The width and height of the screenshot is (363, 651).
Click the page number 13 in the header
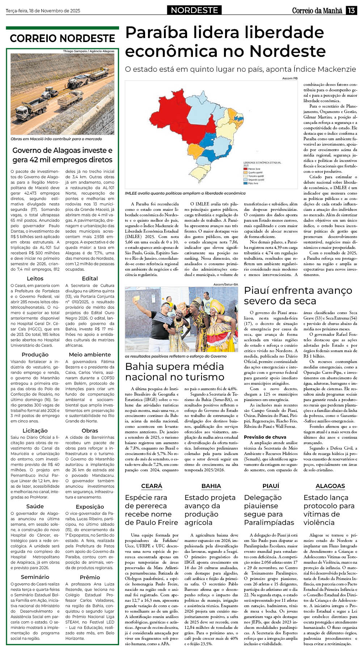pyautogui.click(x=351, y=11)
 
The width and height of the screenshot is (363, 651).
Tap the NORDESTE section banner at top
pyautogui.click(x=194, y=10)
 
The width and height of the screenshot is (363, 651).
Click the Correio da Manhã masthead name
pyautogui.click(x=317, y=11)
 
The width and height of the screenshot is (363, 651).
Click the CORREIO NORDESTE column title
pyautogui.click(x=62, y=38)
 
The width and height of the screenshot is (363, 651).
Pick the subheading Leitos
pyautogui.click(x=35, y=279)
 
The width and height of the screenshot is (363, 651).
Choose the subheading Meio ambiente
pyautogui.click(x=90, y=355)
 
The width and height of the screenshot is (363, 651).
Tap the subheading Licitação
pyautogui.click(x=35, y=431)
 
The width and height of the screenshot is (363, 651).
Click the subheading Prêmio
pyautogui.click(x=90, y=577)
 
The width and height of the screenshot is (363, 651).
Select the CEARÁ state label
pyautogui.click(x=152, y=486)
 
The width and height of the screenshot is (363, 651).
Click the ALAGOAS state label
pyautogui.click(x=330, y=486)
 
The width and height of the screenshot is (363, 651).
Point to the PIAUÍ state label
pyautogui.click(x=271, y=486)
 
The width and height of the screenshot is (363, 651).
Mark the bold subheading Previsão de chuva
pyautogui.click(x=265, y=437)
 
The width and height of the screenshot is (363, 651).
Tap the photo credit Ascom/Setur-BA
pyautogui.click(x=225, y=285)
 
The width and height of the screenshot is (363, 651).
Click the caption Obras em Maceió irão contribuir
pyautogui.click(x=56, y=139)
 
